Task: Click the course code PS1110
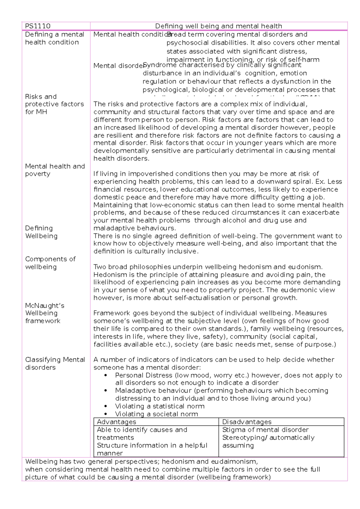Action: (38, 26)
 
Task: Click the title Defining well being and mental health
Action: (218, 26)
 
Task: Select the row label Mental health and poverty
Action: (55, 170)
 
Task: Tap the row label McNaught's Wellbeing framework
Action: (45, 313)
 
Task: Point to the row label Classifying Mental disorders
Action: (55, 363)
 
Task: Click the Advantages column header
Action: (116, 422)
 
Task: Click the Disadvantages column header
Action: (247, 422)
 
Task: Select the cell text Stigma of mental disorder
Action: (265, 430)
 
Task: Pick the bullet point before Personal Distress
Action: (105, 375)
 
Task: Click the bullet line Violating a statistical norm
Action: (160, 406)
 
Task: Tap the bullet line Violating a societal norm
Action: (156, 414)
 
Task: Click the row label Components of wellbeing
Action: (50, 263)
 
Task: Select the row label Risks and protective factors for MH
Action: (54, 104)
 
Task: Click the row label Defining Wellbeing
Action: (41, 232)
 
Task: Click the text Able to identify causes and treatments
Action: (142, 434)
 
